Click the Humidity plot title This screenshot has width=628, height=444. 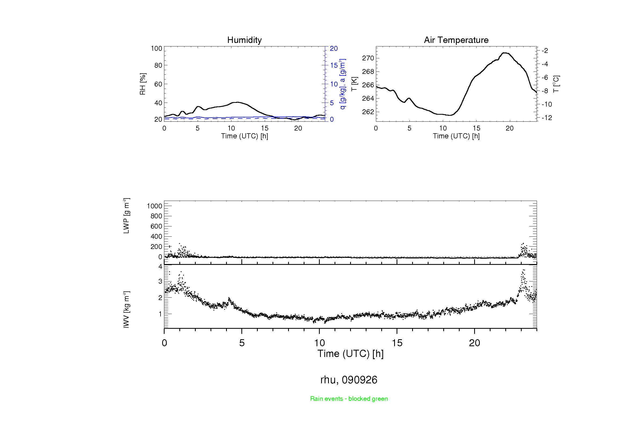244,40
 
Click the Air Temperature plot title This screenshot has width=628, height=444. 456,40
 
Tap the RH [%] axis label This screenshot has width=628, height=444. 143,84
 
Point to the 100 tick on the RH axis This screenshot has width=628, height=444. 157,48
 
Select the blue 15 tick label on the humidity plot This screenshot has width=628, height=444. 334,65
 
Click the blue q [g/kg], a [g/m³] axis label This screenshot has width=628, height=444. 342,84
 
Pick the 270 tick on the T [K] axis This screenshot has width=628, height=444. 368,58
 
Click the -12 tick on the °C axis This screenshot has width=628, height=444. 547,118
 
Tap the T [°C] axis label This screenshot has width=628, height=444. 556,84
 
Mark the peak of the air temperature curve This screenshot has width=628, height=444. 505,53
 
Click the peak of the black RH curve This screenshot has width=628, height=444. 237,102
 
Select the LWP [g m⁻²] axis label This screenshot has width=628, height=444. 126,216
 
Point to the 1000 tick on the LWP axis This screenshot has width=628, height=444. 155,206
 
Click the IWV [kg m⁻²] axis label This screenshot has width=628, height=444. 126,309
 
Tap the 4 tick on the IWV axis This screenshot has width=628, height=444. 160,266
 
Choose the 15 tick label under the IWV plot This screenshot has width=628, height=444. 397,343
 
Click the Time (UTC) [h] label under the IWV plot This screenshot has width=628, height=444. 350,354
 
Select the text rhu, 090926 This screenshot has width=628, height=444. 349,380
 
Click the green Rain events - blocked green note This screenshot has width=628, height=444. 349,399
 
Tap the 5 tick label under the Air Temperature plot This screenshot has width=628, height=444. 409,128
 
